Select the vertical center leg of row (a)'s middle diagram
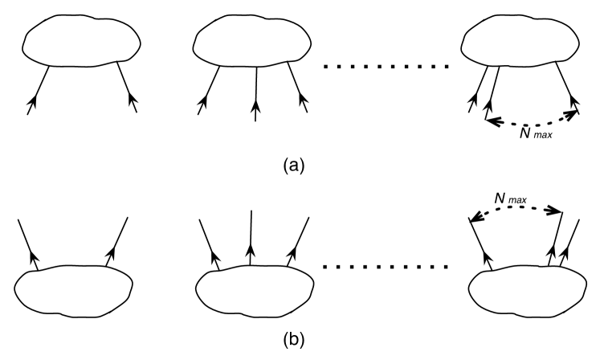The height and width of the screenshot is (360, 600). (x=255, y=92)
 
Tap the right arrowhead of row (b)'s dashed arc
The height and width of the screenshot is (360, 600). (x=555, y=211)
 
